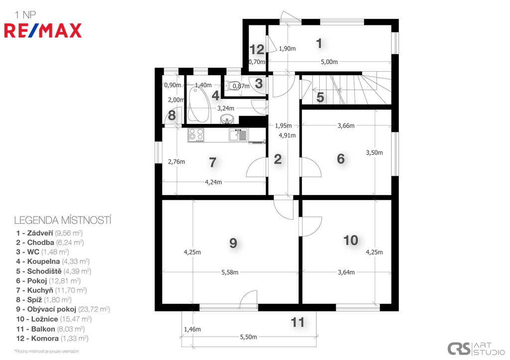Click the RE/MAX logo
coord(43,30)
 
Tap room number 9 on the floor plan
coord(233,243)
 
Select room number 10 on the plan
coord(351,240)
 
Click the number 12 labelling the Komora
coord(256,49)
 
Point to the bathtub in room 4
coord(199,104)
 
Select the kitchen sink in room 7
coord(238,134)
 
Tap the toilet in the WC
coord(235,86)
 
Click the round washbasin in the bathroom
coord(227,119)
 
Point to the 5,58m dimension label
coord(230,272)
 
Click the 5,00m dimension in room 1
coord(329,62)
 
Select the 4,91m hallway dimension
coord(287,135)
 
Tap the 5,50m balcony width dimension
coord(249,337)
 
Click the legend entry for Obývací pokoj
coord(63,309)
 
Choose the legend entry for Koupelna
coord(53,261)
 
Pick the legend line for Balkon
coord(50,329)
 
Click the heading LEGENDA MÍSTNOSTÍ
coord(63,220)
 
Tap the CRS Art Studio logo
coord(476,349)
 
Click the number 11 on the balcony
coord(297,322)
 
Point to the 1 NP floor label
coord(25,15)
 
